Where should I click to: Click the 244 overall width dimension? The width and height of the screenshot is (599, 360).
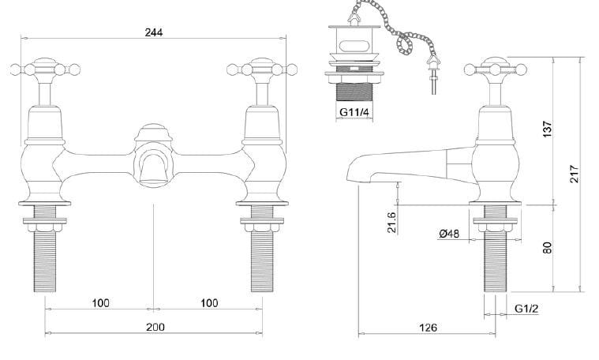point(155,32)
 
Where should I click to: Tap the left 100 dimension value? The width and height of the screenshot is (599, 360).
point(100,303)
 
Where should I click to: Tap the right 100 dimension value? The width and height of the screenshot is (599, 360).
point(208,303)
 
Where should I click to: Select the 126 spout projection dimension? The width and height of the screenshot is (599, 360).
point(428,328)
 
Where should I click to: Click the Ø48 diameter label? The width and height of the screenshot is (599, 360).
point(448,234)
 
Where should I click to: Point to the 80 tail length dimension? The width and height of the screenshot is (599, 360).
point(548,247)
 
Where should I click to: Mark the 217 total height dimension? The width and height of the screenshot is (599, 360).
point(575,172)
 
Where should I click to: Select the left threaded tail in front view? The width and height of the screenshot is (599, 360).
point(46,253)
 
